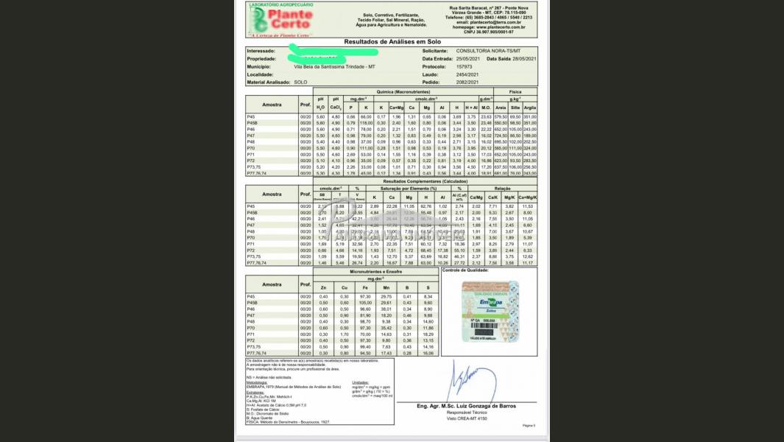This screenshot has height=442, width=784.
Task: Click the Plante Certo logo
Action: pos(283,20)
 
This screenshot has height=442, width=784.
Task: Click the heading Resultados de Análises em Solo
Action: pos(392,42)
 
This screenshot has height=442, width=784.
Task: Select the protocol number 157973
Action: pos(466,66)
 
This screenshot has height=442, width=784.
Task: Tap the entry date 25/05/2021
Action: pos(468,58)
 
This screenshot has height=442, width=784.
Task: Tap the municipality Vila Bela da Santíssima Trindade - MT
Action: pos(335,66)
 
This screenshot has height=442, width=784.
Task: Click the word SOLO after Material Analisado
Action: pos(300,83)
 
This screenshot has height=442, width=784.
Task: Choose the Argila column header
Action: pos(530,108)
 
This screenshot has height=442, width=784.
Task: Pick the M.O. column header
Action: pos(486,108)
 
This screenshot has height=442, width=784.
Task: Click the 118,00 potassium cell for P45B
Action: pos(366,123)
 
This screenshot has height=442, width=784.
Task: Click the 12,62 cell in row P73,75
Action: pos(527,256)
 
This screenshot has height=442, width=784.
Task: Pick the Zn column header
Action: pos(323,287)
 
